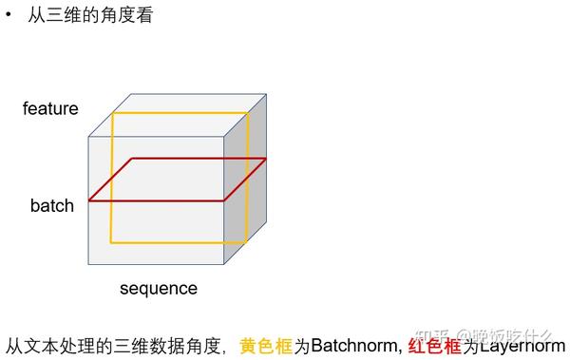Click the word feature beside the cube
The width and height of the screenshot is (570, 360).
(50, 109)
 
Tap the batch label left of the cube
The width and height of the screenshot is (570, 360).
(51, 206)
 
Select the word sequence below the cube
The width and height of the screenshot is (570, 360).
(159, 289)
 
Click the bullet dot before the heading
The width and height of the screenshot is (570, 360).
(9, 16)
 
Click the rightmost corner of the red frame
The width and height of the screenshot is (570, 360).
(265, 159)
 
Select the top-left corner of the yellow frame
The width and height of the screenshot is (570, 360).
(113, 114)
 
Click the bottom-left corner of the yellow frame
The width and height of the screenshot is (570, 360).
(113, 242)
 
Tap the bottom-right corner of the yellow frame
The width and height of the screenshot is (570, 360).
(248, 242)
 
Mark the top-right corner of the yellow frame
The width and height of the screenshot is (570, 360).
(248, 114)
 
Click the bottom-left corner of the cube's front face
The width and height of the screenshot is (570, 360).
(89, 266)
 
